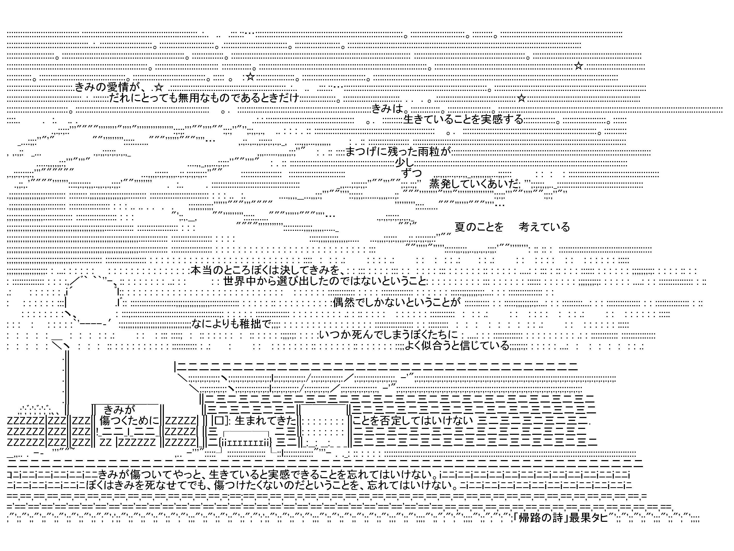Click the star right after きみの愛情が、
click(x=159, y=87)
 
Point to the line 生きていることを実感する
click(x=463, y=119)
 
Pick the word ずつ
click(x=412, y=173)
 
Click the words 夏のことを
click(x=479, y=227)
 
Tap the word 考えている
click(x=544, y=227)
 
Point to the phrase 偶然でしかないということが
click(x=397, y=302)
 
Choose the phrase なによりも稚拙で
click(x=231, y=324)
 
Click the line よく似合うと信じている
click(x=457, y=345)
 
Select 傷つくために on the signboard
click(x=130, y=420)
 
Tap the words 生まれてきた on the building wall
click(x=265, y=420)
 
